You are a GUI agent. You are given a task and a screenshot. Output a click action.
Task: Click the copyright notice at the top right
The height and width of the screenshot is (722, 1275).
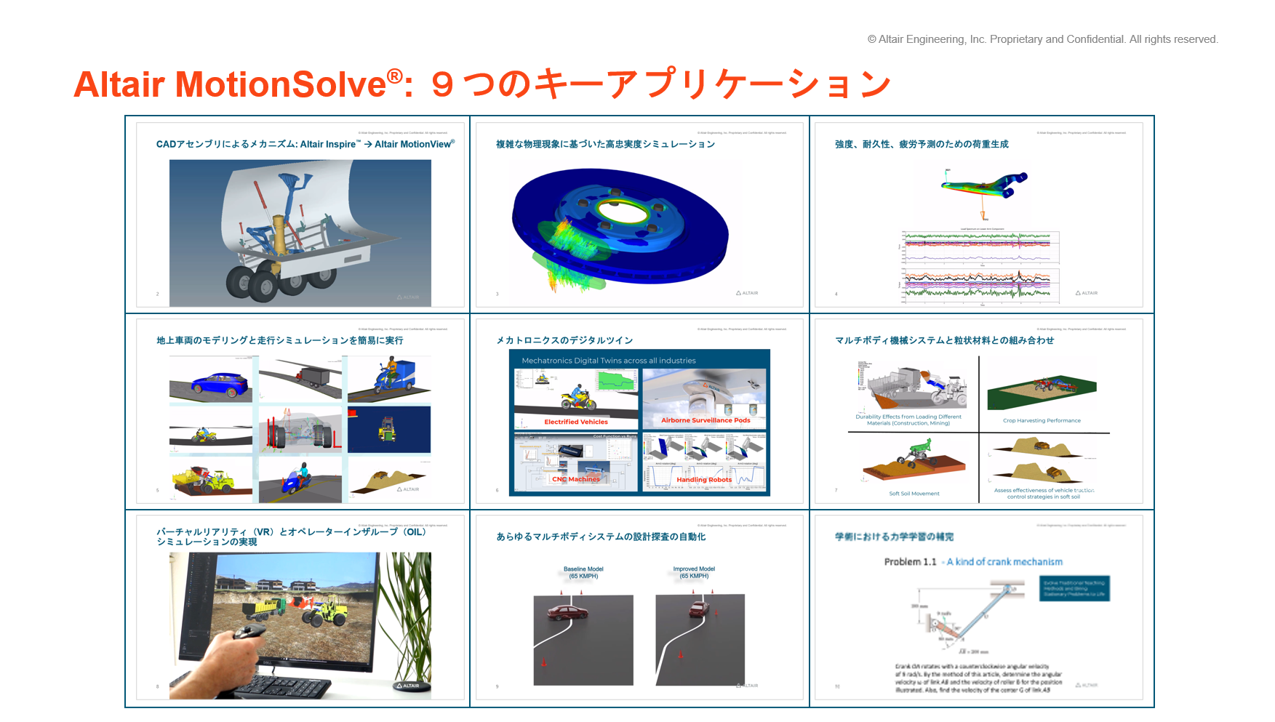pyautogui.click(x=1042, y=39)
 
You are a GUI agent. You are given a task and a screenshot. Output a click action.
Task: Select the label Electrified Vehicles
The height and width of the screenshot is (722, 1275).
pyautogui.click(x=576, y=422)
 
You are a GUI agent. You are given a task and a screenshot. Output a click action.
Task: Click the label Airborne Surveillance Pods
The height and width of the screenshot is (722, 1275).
pyautogui.click(x=706, y=420)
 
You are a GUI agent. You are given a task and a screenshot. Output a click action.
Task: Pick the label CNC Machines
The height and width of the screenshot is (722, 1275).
pyautogui.click(x=575, y=479)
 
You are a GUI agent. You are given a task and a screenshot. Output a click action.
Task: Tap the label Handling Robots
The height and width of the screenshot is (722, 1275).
pyautogui.click(x=704, y=480)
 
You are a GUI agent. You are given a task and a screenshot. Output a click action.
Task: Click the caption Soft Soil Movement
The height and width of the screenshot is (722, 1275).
pyautogui.click(x=914, y=494)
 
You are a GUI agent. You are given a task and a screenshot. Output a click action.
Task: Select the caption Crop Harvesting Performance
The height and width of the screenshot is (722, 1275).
pyautogui.click(x=1042, y=420)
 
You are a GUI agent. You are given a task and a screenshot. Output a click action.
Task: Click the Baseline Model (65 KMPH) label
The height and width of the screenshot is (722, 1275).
pyautogui.click(x=583, y=573)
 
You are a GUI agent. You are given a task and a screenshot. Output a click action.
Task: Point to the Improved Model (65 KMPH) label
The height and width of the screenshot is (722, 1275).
pyautogui.click(x=694, y=573)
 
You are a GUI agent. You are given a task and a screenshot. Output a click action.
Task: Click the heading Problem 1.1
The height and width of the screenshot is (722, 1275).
pyautogui.click(x=910, y=562)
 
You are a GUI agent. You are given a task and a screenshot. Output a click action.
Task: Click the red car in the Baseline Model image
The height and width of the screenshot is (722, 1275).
pyautogui.click(x=567, y=612)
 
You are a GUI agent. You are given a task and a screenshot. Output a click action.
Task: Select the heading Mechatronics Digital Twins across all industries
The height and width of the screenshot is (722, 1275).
pyautogui.click(x=608, y=361)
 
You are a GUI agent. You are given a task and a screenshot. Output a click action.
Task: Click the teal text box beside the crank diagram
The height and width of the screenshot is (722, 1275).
pyautogui.click(x=1074, y=588)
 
